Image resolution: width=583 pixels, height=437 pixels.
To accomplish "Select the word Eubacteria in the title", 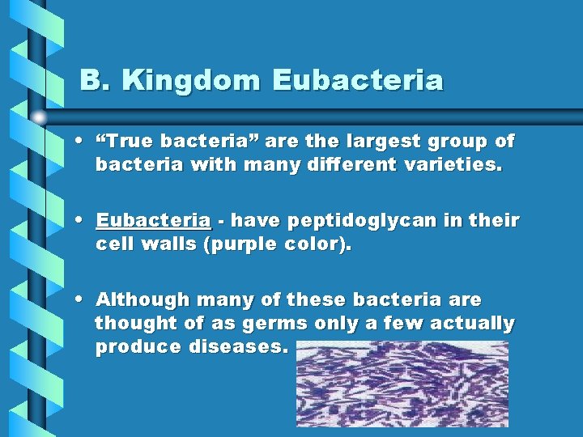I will tap(359, 81).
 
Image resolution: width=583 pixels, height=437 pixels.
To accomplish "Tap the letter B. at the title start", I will tap(93, 81).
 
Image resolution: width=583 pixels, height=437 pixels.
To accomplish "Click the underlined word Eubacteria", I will tap(154, 221).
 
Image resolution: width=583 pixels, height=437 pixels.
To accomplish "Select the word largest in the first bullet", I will tap(377, 142).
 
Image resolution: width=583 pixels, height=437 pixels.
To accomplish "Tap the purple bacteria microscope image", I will tap(402, 383).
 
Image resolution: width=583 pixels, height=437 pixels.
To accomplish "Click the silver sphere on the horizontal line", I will tap(39, 117).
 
